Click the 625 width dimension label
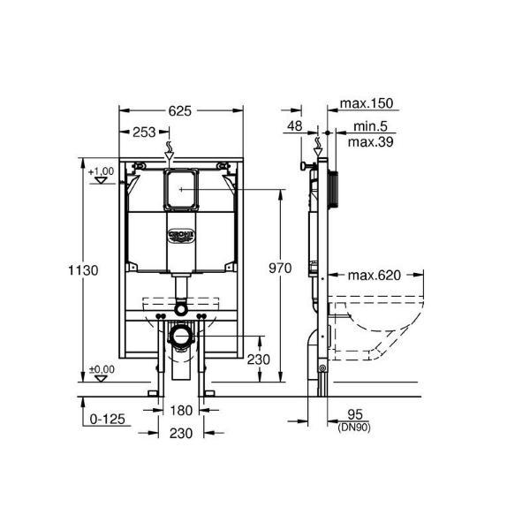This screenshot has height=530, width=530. click(180, 111)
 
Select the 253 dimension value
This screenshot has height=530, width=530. click(144, 132)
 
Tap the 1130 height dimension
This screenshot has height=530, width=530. click(83, 270)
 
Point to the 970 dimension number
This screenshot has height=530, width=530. click(280, 268)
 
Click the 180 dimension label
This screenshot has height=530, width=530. click(181, 411)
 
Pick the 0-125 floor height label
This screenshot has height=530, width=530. click(108, 419)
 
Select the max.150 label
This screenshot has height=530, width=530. click(367, 103)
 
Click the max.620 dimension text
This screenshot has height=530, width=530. click(375, 275)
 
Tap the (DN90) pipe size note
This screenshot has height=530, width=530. click(354, 428)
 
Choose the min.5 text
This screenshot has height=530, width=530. click(370, 126)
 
